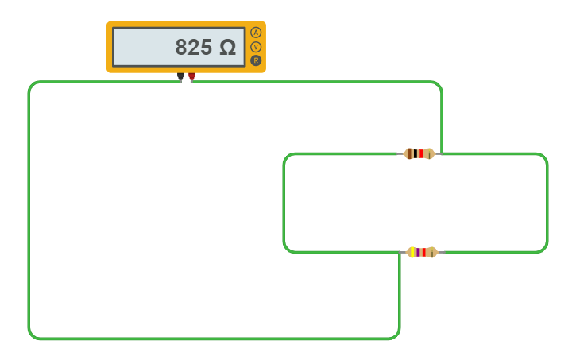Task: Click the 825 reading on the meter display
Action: click(x=193, y=48)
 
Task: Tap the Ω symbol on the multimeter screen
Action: click(x=228, y=48)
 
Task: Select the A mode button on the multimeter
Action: click(x=256, y=33)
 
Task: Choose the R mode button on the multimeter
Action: click(x=256, y=60)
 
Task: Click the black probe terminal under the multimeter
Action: click(x=181, y=77)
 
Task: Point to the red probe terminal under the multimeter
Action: click(x=191, y=77)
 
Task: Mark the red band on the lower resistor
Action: click(x=423, y=252)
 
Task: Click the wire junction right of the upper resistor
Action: click(x=441, y=153)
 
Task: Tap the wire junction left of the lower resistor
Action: click(x=400, y=253)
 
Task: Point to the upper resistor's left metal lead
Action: click(x=400, y=153)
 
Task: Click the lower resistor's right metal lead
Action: click(x=441, y=252)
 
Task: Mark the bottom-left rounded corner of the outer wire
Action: click(x=32, y=335)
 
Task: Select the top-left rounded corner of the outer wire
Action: click(x=32, y=85)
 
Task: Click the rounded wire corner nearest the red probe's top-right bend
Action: click(x=438, y=85)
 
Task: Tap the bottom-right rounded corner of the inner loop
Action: click(x=544, y=249)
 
